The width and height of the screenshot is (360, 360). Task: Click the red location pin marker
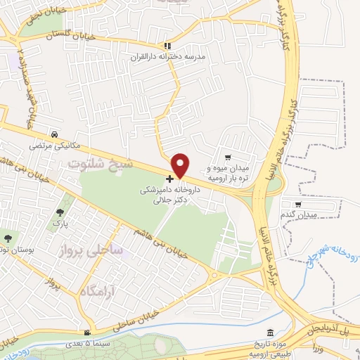(181, 165)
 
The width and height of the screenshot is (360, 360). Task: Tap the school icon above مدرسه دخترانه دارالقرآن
(167, 45)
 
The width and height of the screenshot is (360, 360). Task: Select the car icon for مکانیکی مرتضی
(54, 134)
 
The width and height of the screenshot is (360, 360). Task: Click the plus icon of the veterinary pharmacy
(169, 179)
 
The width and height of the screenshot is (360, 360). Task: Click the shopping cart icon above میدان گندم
(298, 205)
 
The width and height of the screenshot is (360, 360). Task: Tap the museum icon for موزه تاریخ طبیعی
(271, 333)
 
